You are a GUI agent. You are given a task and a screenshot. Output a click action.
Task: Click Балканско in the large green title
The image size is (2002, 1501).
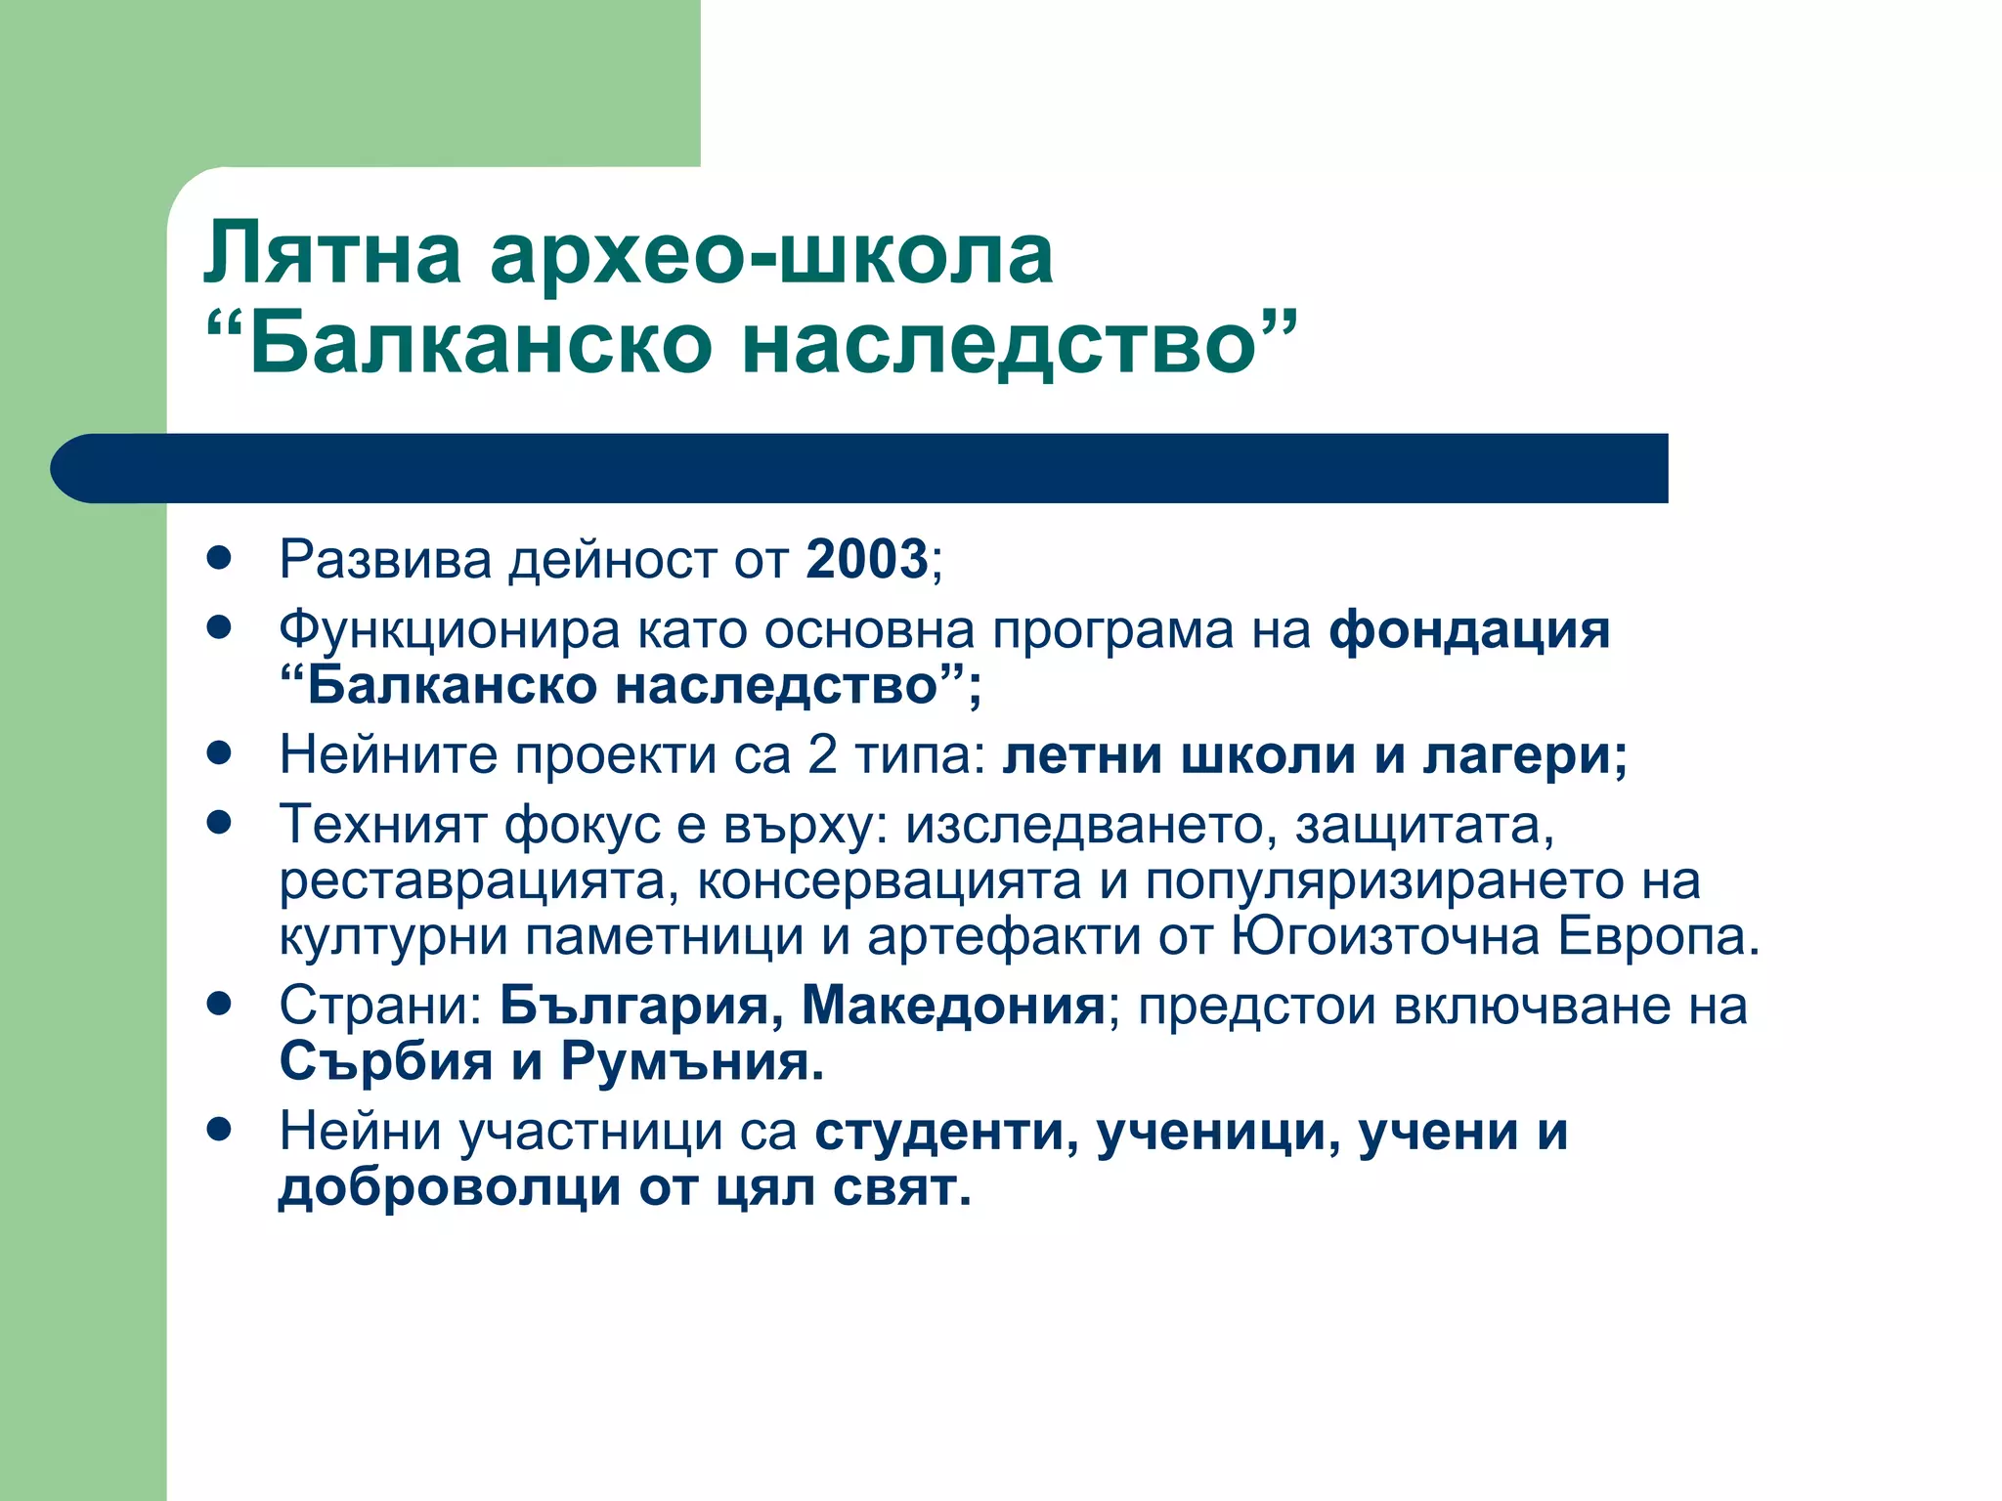click(480, 344)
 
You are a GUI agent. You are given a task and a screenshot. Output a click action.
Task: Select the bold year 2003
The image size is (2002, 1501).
click(866, 560)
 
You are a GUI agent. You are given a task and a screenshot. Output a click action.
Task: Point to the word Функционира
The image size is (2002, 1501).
click(449, 630)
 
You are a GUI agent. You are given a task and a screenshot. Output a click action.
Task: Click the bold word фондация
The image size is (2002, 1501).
click(1468, 630)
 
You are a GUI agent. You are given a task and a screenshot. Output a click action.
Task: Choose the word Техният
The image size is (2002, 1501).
click(382, 825)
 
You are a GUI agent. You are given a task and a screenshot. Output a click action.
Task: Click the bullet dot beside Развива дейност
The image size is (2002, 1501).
click(219, 558)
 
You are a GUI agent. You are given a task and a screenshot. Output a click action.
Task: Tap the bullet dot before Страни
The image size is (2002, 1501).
click(219, 1004)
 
